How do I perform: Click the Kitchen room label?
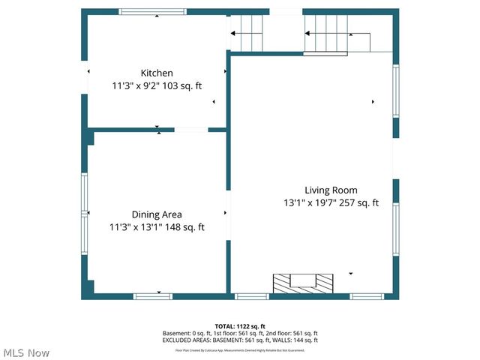(157, 73)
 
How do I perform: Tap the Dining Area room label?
(157, 214)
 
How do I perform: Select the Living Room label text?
(331, 190)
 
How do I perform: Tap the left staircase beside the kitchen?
(247, 33)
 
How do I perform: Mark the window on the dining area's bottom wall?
(153, 296)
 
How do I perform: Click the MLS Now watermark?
(26, 352)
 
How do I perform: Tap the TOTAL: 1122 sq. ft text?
(240, 326)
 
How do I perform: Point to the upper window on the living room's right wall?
(395, 90)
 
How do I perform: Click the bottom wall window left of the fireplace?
(252, 296)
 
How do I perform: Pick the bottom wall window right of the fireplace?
(367, 296)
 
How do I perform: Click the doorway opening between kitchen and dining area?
(191, 130)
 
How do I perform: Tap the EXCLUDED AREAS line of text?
(240, 340)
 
